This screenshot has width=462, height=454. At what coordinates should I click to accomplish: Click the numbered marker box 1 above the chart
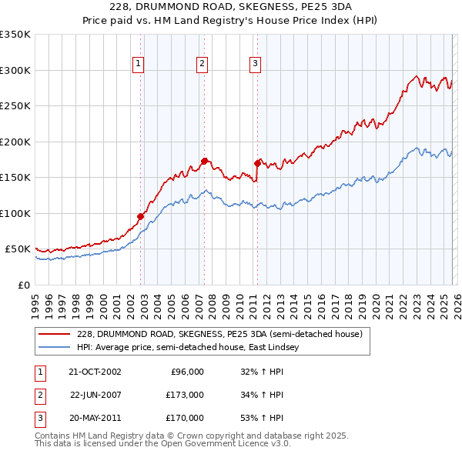[x=139, y=65]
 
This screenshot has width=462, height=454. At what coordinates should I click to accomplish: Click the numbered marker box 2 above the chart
[x=202, y=65]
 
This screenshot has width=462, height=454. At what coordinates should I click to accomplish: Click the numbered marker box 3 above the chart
[x=255, y=65]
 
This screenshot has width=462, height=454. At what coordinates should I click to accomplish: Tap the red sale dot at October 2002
[x=141, y=216]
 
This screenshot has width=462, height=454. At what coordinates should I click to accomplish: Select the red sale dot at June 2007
[x=204, y=161]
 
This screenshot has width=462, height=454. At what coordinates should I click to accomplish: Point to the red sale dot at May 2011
[x=257, y=163]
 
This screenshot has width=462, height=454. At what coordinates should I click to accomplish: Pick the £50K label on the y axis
[x=18, y=249]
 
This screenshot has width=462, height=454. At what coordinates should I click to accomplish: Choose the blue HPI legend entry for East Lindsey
[x=192, y=348]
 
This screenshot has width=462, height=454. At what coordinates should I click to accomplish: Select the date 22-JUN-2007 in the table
[x=95, y=395]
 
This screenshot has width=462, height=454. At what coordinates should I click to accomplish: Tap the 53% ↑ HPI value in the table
[x=263, y=418]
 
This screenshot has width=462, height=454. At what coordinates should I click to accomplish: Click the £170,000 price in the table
[x=185, y=418]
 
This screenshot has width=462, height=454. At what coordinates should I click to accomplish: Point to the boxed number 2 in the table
[x=38, y=395]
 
